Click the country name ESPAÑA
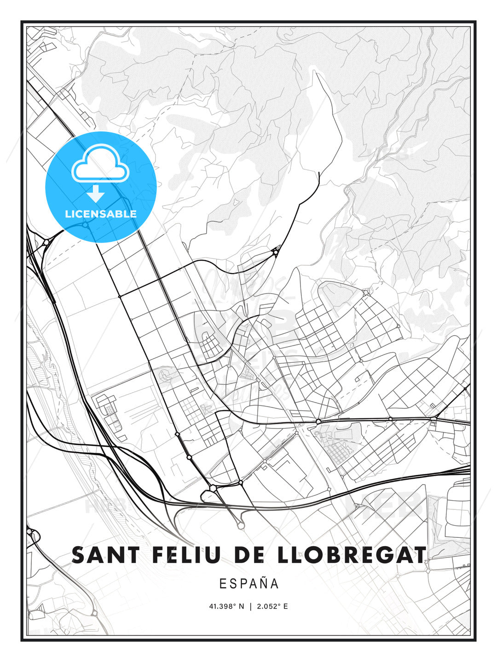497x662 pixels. tap(249, 584)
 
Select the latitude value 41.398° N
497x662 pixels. tap(227, 606)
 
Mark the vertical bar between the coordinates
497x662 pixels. tap(250, 606)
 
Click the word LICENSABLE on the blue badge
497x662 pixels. tap(101, 214)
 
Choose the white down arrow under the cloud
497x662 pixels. tap(96, 194)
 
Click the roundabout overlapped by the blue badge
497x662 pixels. tap(86, 225)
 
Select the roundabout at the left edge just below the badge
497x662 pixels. tap(46, 242)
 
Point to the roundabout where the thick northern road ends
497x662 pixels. tap(276, 251)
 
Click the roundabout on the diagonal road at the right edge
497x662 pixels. tap(465, 388)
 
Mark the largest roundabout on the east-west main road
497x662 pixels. tap(318, 421)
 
